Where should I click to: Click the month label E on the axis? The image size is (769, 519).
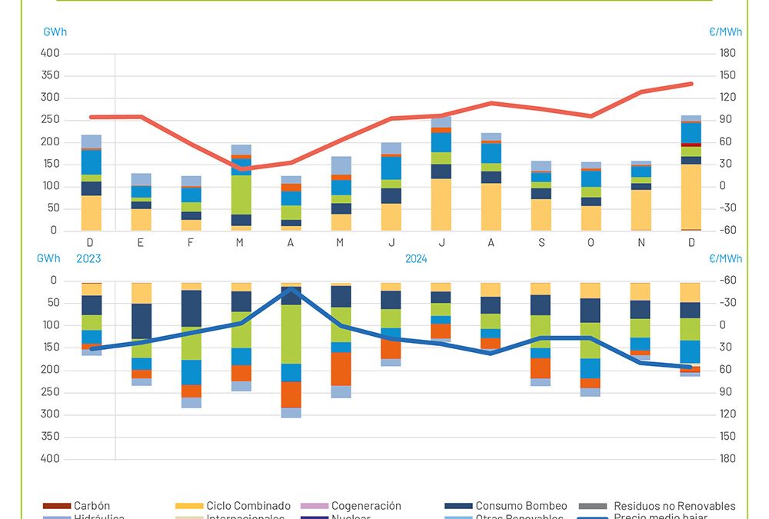pos(141,242)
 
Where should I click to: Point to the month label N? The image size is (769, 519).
pos(641,242)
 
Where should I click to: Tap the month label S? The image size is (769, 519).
pos(541,242)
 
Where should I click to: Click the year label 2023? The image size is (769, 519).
pos(88,259)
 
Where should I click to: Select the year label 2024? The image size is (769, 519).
pos(416,259)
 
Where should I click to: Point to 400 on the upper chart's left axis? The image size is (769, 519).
pos(49,53)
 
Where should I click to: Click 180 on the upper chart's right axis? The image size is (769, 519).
pos(727,53)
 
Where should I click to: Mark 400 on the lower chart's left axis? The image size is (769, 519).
pos(49,458)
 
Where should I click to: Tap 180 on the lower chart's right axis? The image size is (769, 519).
pos(727,458)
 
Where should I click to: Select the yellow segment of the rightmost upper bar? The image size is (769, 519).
pos(691,196)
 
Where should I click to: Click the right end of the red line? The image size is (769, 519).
pos(691,84)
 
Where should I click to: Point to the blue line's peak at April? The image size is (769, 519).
pos(291,289)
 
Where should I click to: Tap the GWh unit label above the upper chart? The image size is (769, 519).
pos(55,32)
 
